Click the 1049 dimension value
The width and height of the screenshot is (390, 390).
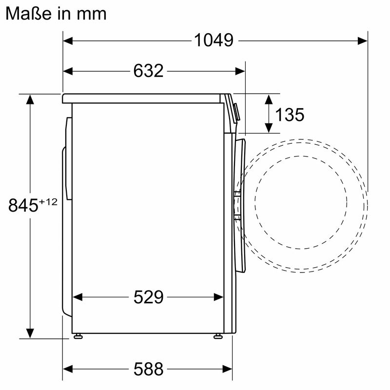(x=214, y=40)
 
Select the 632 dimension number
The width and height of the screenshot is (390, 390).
(x=148, y=71)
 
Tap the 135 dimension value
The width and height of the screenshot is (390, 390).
(x=290, y=115)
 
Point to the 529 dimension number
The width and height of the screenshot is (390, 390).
(x=149, y=297)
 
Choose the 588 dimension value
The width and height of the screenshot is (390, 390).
(x=149, y=369)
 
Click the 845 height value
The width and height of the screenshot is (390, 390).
(x=23, y=205)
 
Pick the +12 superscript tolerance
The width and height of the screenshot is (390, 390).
(x=48, y=202)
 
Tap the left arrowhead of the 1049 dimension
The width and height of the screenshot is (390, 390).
(x=68, y=41)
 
